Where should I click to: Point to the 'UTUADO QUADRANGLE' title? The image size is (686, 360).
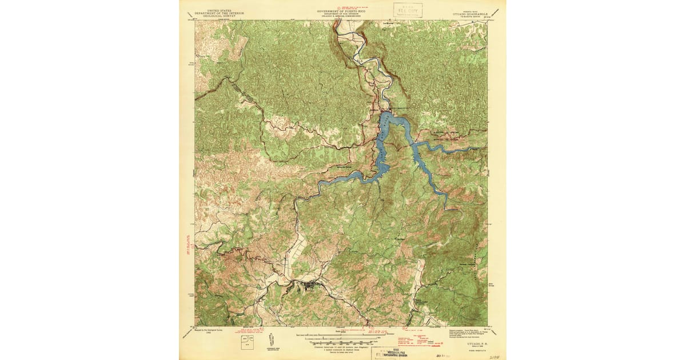pos(466,14)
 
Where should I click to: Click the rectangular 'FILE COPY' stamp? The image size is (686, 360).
pos(408,10)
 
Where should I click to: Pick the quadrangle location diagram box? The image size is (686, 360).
pos(246,342)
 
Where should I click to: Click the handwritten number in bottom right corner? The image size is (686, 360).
pos(496,355)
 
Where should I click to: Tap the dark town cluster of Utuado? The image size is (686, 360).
pos(310,284)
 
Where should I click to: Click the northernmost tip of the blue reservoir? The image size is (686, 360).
pos(386,113)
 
